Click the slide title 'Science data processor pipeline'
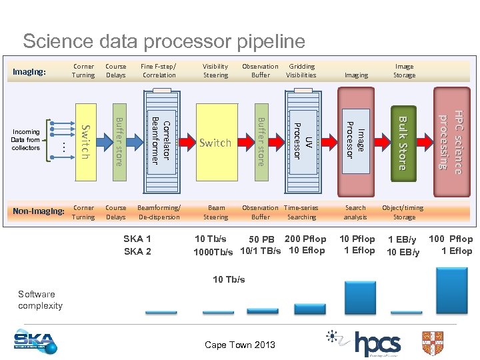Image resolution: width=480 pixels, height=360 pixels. click(163, 41)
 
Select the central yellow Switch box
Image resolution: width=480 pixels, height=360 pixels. click(215, 142)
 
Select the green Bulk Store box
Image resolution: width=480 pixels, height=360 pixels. click(402, 142)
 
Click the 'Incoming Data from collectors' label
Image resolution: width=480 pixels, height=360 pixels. click(26, 140)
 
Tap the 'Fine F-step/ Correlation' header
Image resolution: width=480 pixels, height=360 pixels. click(159, 71)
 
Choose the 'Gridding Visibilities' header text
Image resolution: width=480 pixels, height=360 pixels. click(301, 71)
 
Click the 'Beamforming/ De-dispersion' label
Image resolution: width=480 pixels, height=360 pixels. click(159, 212)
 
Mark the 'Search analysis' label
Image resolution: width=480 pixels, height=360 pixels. click(355, 212)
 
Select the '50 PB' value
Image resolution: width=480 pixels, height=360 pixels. click(261, 239)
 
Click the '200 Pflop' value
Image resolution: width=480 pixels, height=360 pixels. click(305, 239)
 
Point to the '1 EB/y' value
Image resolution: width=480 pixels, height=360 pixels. click(402, 240)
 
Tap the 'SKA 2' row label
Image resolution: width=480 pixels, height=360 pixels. click(137, 251)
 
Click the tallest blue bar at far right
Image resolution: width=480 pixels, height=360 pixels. click(451, 290)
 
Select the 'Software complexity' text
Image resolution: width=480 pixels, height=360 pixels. click(40, 300)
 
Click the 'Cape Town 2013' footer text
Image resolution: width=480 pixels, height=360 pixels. click(240, 345)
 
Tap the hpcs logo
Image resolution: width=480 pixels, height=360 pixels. click(377, 344)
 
